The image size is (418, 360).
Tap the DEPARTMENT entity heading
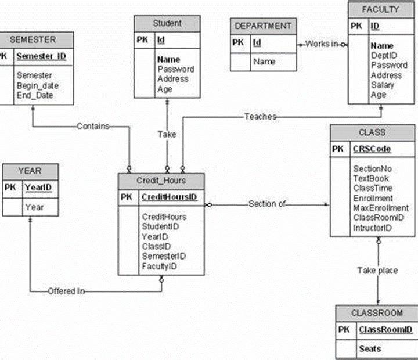(x=264, y=26)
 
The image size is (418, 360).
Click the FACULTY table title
(x=380, y=9)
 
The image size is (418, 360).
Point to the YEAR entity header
(x=30, y=171)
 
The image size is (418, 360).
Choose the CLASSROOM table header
(x=377, y=313)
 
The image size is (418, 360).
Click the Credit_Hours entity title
(x=161, y=181)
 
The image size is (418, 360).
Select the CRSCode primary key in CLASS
(x=372, y=149)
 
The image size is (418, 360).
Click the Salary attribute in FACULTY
(x=383, y=85)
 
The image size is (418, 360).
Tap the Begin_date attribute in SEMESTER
(x=38, y=85)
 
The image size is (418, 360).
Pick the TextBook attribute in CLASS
(x=371, y=179)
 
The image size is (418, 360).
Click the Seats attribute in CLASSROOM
(x=370, y=348)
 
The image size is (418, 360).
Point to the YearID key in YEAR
(x=39, y=188)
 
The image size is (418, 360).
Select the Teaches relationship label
(x=260, y=117)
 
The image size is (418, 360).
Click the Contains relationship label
(x=93, y=126)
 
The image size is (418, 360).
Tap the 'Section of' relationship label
(x=267, y=204)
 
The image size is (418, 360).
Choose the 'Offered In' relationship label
(x=66, y=291)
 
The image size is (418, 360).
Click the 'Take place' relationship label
(x=377, y=271)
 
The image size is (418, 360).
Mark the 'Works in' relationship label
(x=321, y=44)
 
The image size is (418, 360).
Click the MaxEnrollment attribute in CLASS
(x=381, y=208)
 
